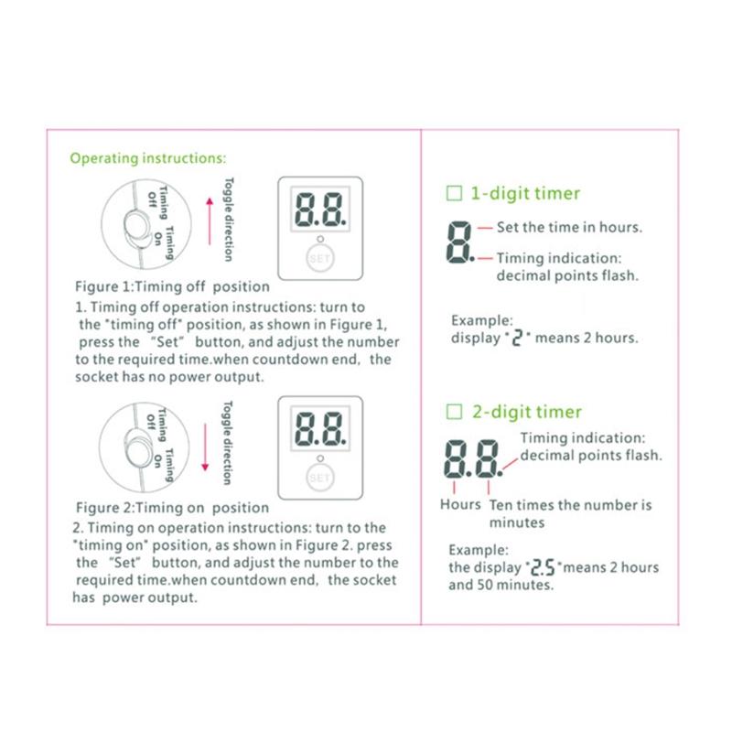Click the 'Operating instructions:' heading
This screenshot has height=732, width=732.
143,158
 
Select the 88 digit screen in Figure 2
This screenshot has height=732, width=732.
319,427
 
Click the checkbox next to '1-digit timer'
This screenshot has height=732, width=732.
453,193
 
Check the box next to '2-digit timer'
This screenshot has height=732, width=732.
453,412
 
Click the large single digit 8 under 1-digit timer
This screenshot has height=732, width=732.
458,242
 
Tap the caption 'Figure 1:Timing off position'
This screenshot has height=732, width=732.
172,286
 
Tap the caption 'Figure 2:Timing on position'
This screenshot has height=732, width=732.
172,507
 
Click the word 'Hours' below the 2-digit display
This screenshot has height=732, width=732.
460,504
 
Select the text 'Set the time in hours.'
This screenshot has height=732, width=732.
569,227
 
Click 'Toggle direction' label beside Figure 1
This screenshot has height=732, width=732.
229,220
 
